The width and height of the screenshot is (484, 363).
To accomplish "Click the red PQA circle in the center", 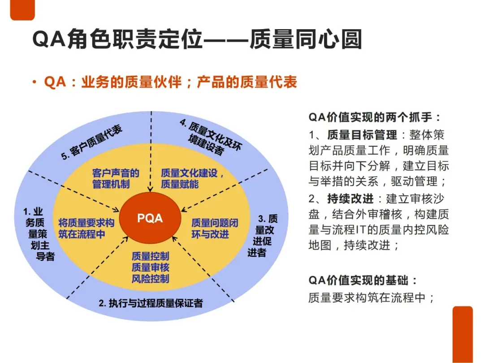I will [150, 218].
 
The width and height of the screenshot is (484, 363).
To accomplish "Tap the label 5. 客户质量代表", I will [92, 143].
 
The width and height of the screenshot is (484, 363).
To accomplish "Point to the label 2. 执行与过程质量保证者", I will [151, 303].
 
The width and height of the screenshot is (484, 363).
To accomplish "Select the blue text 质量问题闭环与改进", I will [214, 228].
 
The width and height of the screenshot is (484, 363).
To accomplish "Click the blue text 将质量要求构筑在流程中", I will [86, 228].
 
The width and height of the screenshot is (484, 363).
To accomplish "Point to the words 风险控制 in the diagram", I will [150, 279].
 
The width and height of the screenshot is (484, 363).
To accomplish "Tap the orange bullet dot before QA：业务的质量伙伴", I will [35, 83].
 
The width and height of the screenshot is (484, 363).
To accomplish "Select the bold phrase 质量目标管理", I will [362, 135].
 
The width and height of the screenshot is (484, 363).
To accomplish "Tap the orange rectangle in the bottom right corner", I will [462, 334].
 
